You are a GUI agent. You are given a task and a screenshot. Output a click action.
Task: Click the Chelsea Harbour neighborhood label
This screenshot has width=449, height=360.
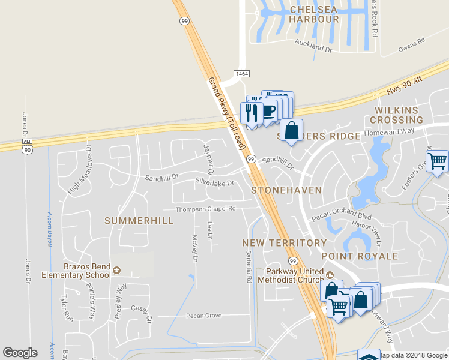tap(314, 14)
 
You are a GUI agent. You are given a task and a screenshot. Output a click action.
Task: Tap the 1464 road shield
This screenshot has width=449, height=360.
tap(241, 73)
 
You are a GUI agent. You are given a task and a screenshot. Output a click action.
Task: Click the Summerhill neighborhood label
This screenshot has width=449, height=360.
tap(139, 221)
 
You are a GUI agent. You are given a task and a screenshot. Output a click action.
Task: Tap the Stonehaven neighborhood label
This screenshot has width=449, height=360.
tap(286, 190)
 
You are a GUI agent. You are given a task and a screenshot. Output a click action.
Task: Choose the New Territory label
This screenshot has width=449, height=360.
tap(284, 243)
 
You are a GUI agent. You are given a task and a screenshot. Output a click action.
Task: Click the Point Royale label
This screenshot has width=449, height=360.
tap(360, 256)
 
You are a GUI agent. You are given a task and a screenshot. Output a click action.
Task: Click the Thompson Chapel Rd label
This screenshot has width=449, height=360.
tap(205, 209)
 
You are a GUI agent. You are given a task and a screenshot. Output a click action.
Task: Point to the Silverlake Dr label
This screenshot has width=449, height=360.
tap(214, 181)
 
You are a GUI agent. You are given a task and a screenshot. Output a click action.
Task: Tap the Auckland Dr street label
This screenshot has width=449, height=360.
tap(313, 44)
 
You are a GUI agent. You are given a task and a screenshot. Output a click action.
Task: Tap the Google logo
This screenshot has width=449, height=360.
tap(20, 353)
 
